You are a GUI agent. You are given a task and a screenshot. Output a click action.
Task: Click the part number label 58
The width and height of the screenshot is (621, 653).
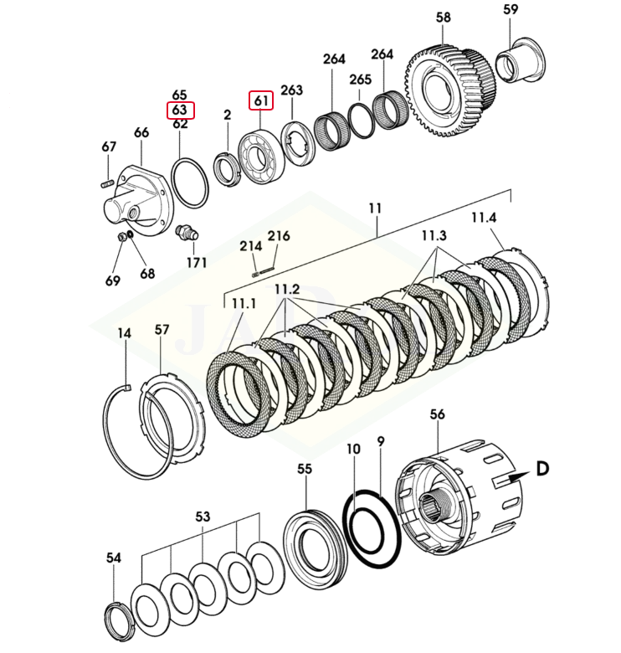pos(444,18)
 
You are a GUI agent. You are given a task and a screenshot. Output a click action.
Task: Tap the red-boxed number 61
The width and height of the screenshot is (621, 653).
pos(262,101)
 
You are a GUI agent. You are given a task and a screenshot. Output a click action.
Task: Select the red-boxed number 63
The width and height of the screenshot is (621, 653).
pos(179,110)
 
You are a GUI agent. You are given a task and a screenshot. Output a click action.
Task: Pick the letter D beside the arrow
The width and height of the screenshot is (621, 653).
pos(541,469)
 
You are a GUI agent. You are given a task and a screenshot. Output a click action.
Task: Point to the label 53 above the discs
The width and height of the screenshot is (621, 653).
pos(203,517)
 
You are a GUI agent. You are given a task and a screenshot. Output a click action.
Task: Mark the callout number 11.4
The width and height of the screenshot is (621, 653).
pos(483,219)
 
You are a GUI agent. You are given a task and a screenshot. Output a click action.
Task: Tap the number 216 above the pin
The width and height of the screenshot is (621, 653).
pos(279,236)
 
